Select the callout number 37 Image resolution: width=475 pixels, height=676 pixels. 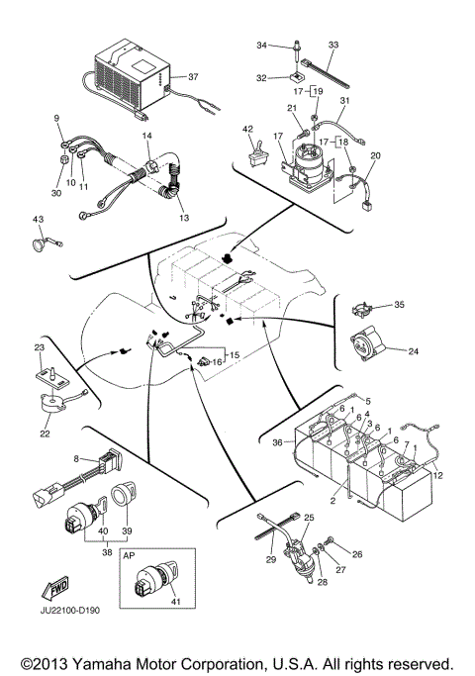coord(193,77)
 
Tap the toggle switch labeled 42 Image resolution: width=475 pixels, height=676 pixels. coord(258,153)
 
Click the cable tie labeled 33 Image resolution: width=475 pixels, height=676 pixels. coord(325,72)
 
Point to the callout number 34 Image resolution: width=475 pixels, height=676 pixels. coord(262,45)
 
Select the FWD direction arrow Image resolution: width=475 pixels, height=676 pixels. coord(54,588)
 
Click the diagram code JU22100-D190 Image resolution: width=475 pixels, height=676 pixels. coord(70,611)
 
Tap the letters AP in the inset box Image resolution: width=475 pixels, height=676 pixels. coord(129,555)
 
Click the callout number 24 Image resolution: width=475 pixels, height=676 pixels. coord(414,351)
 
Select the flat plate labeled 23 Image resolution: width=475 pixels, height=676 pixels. coord(52,378)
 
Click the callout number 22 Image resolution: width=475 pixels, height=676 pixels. coord(45,434)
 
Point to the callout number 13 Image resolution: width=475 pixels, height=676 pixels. coord(184,218)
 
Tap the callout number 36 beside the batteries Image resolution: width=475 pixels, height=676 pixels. coord(278,442)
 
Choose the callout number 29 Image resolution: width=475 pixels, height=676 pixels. coord(271,559)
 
